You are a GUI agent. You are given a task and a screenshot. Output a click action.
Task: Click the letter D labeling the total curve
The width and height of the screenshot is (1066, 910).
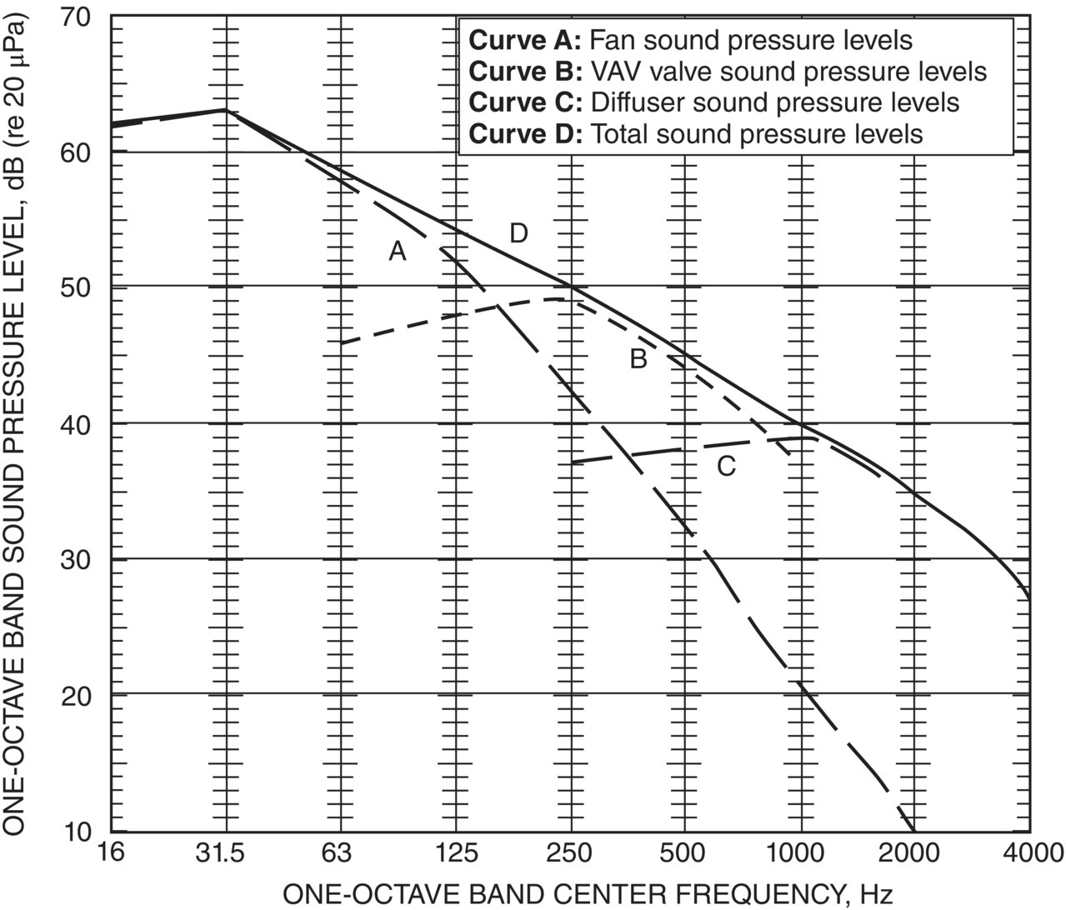coord(518,234)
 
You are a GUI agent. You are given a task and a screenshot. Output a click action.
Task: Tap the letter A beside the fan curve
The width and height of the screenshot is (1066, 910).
coord(398,251)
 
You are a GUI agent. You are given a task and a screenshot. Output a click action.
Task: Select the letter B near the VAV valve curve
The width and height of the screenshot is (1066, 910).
coord(638,360)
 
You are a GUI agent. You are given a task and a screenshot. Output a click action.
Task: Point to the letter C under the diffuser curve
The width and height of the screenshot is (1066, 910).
coord(726,467)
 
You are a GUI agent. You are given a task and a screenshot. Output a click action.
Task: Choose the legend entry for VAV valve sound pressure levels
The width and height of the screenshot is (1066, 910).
coord(728,71)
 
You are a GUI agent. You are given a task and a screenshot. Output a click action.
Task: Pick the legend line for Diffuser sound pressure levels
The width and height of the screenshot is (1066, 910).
coord(714,102)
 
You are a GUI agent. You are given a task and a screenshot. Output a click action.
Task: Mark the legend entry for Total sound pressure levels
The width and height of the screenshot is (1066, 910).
coord(696,133)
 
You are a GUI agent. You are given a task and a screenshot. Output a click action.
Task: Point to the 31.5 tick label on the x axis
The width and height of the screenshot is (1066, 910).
coord(224,853)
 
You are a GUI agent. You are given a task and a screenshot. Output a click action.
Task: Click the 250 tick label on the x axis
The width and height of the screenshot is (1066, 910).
coord(571,853)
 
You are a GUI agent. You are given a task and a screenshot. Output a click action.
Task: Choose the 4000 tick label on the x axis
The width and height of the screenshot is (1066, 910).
coord(1030,853)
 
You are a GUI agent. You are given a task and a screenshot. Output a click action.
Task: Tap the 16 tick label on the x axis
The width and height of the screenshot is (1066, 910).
coord(112,853)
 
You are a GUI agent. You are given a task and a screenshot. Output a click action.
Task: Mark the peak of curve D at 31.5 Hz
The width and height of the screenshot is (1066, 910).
coord(225,109)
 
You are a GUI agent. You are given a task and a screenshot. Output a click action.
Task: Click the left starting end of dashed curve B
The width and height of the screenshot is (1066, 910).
coord(342,342)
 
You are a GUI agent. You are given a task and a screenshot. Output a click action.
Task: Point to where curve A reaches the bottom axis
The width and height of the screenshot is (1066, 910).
coord(914,831)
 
